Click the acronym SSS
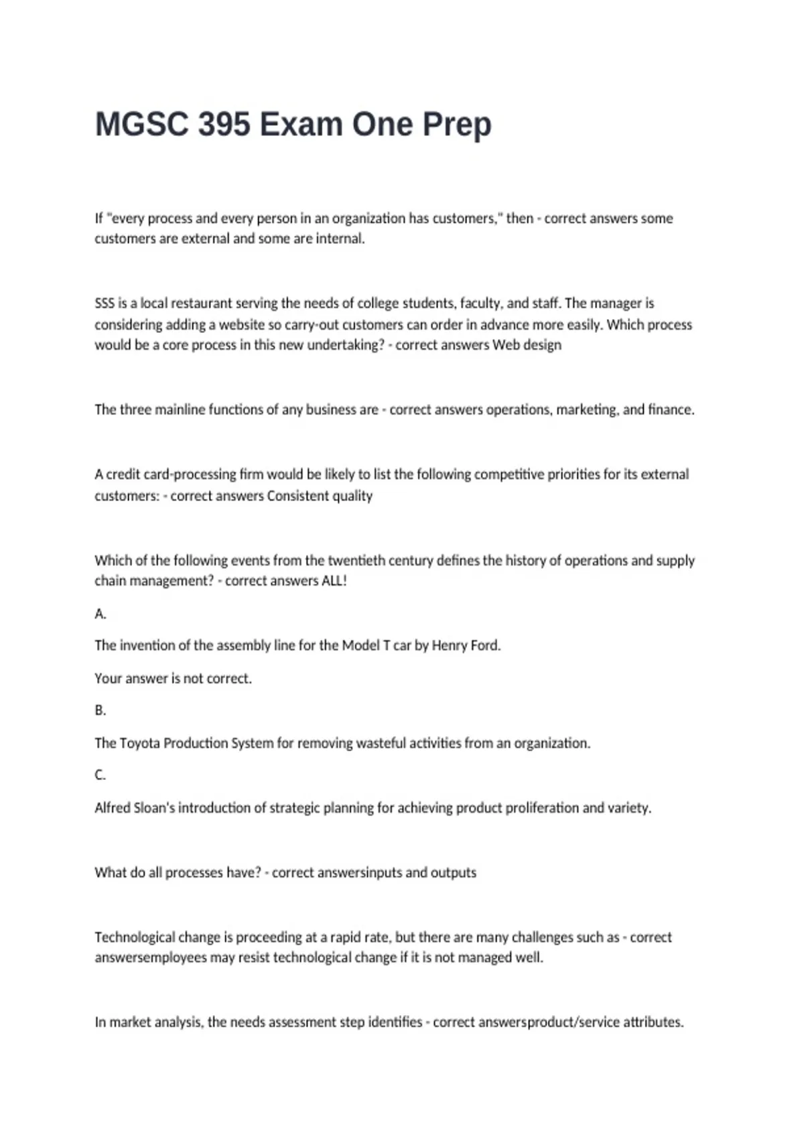click(105, 304)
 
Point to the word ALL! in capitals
click(334, 581)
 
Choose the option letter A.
click(100, 614)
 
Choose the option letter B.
click(100, 710)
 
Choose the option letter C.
click(100, 775)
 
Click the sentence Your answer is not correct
click(173, 679)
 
